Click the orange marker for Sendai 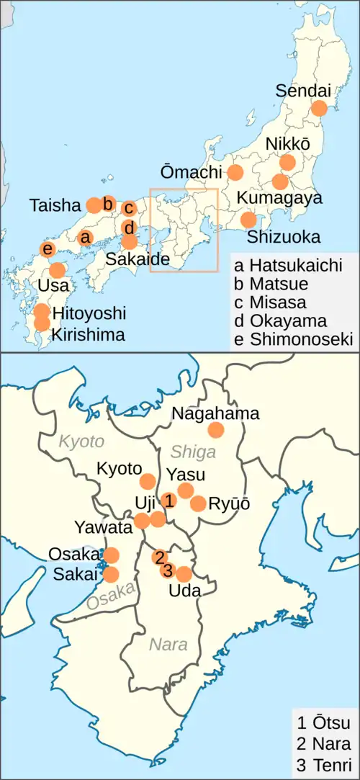click(318, 109)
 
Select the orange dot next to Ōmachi click(235, 172)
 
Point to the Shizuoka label click(283, 236)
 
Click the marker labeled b click(107, 205)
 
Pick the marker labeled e click(48, 249)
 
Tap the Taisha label click(55, 205)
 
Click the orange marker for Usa click(57, 270)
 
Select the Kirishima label click(89, 334)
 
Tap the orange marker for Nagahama click(215, 430)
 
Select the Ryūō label click(229, 504)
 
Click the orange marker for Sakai click(111, 574)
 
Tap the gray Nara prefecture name click(168, 645)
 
